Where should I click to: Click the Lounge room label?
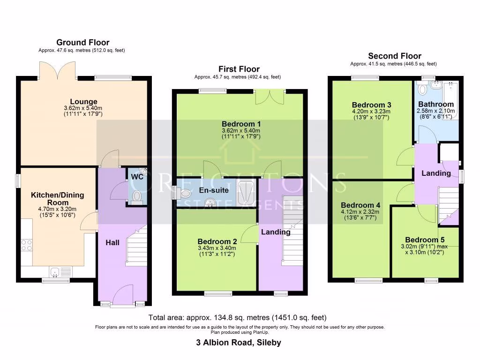[83, 101]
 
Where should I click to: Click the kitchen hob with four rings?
[27, 245]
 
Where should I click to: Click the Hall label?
[112, 242]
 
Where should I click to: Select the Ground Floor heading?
[82, 43]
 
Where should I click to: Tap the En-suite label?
[214, 190]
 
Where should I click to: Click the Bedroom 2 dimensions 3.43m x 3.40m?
[217, 248]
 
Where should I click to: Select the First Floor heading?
[239, 69]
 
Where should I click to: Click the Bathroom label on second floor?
[436, 104]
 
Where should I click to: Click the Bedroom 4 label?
[360, 205]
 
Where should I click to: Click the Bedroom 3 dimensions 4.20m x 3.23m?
[371, 112]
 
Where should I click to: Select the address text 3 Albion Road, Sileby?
[239, 342]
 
